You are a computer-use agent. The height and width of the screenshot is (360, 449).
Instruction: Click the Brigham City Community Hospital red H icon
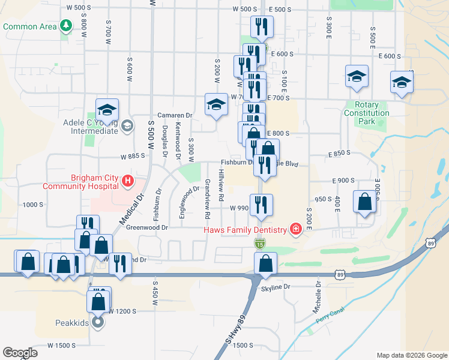pos(127,180)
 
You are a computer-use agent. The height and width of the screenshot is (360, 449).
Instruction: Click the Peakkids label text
pos(73,323)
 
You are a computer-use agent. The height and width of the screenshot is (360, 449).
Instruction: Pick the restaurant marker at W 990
pos(261,206)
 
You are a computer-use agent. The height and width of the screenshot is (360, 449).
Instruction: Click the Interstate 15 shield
pos(259,243)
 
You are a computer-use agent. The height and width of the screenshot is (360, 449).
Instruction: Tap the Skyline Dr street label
pos(276,287)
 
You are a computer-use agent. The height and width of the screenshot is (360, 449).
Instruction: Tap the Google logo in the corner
pos(20,353)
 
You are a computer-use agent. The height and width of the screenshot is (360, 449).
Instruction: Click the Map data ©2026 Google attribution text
pos(411,355)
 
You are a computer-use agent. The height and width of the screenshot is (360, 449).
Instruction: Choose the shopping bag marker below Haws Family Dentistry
pos(265,264)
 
